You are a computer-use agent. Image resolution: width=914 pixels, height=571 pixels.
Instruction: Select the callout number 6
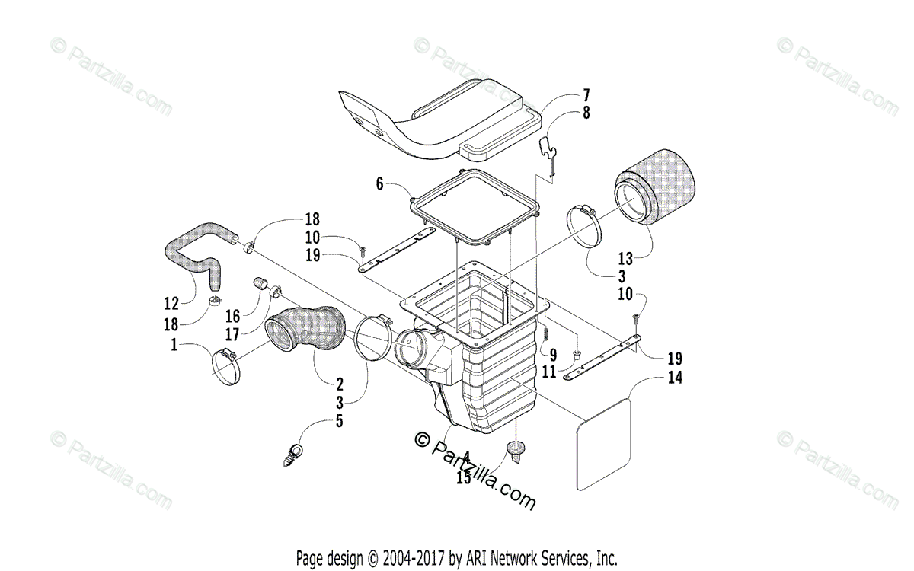[380, 183]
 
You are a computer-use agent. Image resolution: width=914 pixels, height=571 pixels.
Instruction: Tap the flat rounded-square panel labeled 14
[603, 442]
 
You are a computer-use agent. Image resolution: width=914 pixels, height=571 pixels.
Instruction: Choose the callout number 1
[175, 345]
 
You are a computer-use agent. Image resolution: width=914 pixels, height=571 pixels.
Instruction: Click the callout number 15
[464, 478]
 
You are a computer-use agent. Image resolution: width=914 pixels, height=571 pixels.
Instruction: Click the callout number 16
[232, 315]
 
